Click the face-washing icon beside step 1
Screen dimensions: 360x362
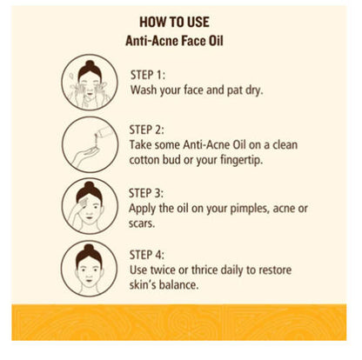[89, 81]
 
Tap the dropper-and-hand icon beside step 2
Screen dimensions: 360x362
[89, 144]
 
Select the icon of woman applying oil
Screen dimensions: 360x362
[89, 206]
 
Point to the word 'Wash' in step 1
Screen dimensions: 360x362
[145, 90]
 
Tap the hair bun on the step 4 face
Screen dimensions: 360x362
[89, 250]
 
